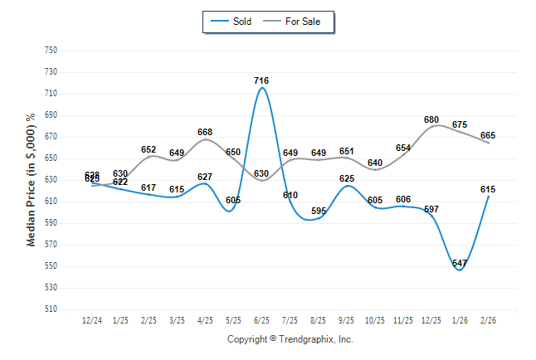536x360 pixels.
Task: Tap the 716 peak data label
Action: pyautogui.click(x=261, y=80)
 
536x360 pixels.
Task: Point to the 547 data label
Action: pyautogui.click(x=460, y=263)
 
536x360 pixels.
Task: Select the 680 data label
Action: pyautogui.click(x=431, y=119)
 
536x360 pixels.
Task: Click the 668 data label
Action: pyautogui.click(x=205, y=132)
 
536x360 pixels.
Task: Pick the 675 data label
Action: pyautogui.click(x=460, y=124)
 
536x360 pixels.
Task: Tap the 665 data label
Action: pyautogui.click(x=488, y=135)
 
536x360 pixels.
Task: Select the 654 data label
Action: pyautogui.click(x=403, y=148)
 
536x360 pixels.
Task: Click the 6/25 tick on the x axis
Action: pyautogui.click(x=261, y=320)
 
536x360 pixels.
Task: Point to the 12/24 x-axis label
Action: pyautogui.click(x=92, y=320)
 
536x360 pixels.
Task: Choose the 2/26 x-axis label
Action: pyautogui.click(x=488, y=320)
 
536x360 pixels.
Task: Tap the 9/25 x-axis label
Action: pyautogui.click(x=347, y=320)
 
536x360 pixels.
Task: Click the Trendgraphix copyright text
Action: pyautogui.click(x=290, y=339)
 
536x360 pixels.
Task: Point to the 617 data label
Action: pyautogui.click(x=149, y=187)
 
